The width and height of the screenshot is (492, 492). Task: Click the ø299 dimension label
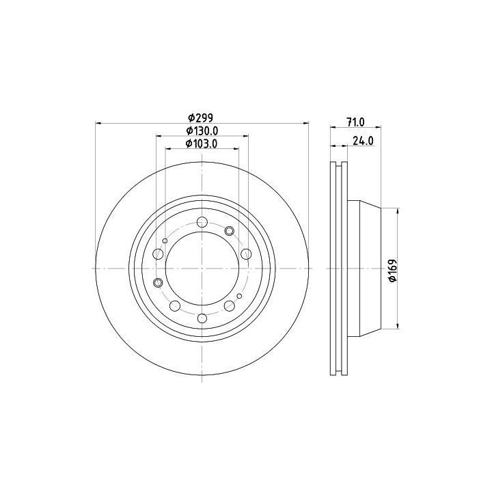[x=200, y=118]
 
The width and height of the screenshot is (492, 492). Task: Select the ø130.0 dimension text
[x=202, y=131]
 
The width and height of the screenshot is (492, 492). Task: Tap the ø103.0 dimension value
[x=202, y=143]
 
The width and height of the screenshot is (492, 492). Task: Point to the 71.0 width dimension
[x=355, y=122]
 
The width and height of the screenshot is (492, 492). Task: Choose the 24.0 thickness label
[x=363, y=141]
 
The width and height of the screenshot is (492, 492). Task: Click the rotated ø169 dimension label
[x=392, y=270]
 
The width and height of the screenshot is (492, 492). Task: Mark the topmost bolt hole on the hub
[x=202, y=222]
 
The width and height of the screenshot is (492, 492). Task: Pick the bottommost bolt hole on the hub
[x=202, y=318]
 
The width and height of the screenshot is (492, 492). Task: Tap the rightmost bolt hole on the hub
[x=246, y=254]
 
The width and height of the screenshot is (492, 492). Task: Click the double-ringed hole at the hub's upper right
[x=230, y=231]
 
